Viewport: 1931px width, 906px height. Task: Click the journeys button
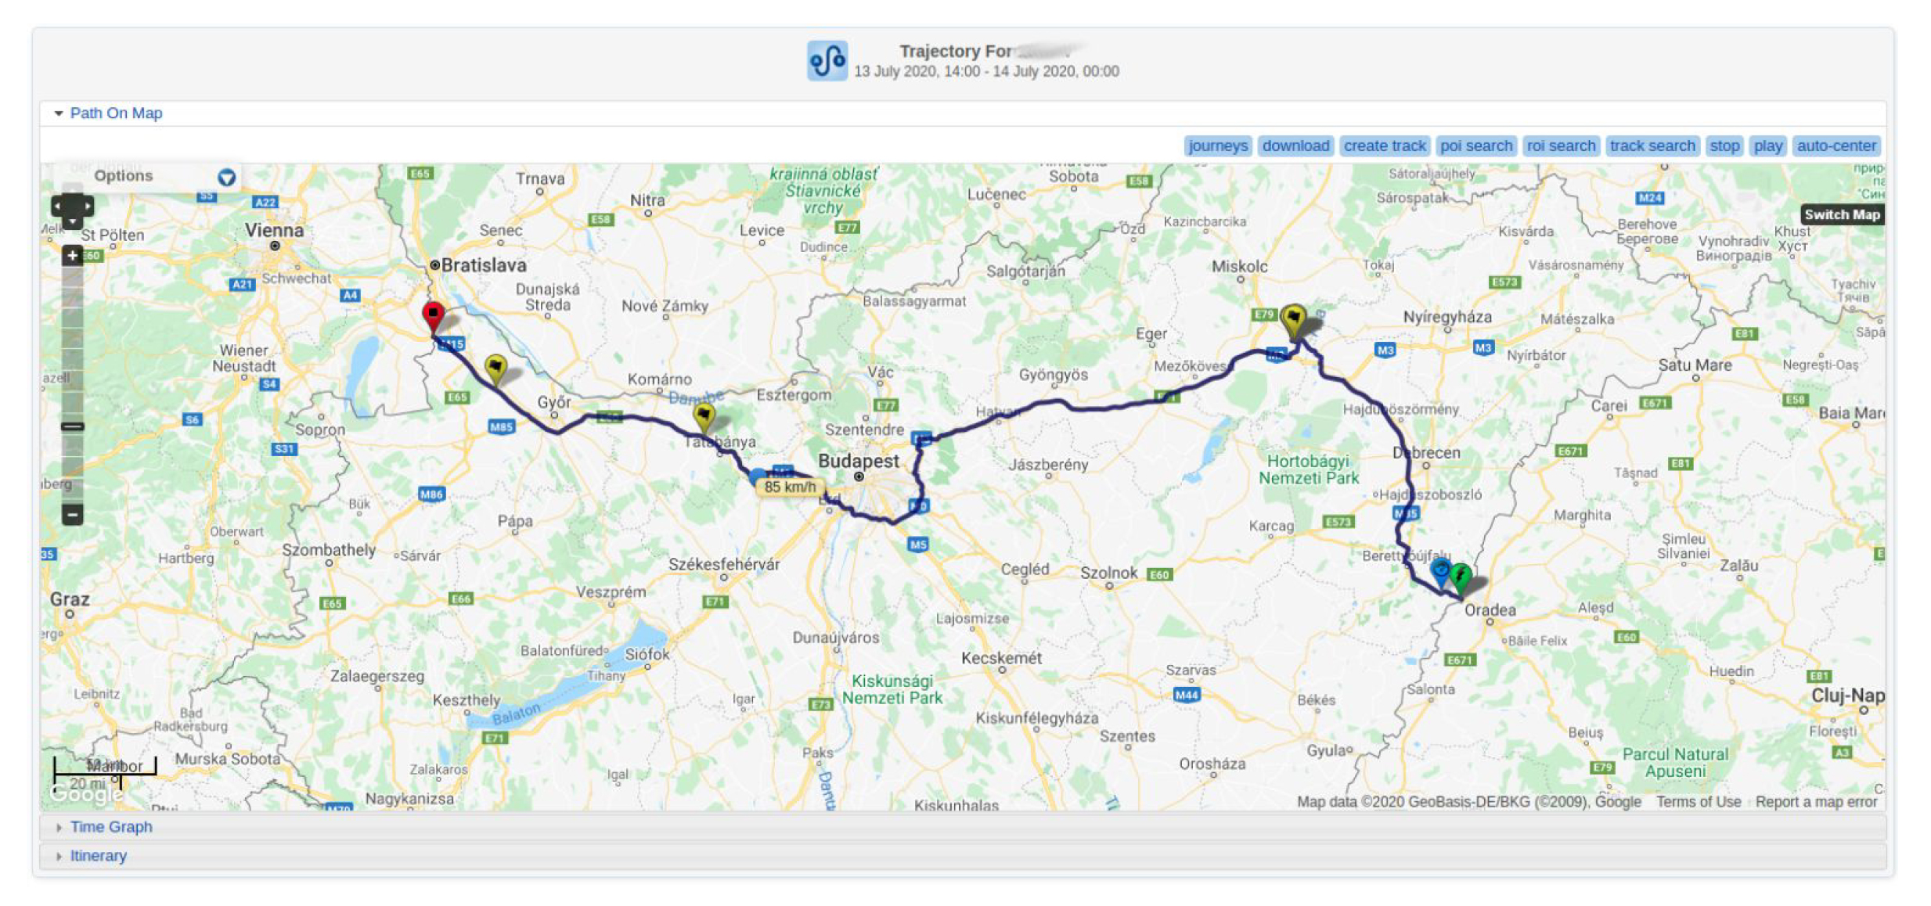tap(1218, 146)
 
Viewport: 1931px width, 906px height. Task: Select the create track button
tap(1384, 146)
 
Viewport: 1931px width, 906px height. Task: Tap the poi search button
tap(1475, 146)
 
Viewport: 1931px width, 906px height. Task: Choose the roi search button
tap(1560, 146)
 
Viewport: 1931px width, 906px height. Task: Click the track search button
tap(1652, 146)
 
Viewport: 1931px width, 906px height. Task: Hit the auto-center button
tap(1836, 146)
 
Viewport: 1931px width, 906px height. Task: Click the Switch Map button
tap(1841, 214)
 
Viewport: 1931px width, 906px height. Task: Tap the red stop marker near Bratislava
tap(433, 315)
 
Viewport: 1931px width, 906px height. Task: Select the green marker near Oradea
tap(1460, 577)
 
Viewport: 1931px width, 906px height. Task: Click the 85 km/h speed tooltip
tap(789, 487)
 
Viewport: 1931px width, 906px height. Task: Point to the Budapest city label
tap(858, 461)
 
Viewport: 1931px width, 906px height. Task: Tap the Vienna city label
tap(274, 231)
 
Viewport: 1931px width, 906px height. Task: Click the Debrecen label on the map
tap(1426, 452)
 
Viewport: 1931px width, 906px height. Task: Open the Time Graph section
tap(110, 827)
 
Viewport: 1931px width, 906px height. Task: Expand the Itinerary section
tap(98, 856)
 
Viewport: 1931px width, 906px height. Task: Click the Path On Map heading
tap(116, 113)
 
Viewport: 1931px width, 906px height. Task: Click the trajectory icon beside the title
tap(827, 61)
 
